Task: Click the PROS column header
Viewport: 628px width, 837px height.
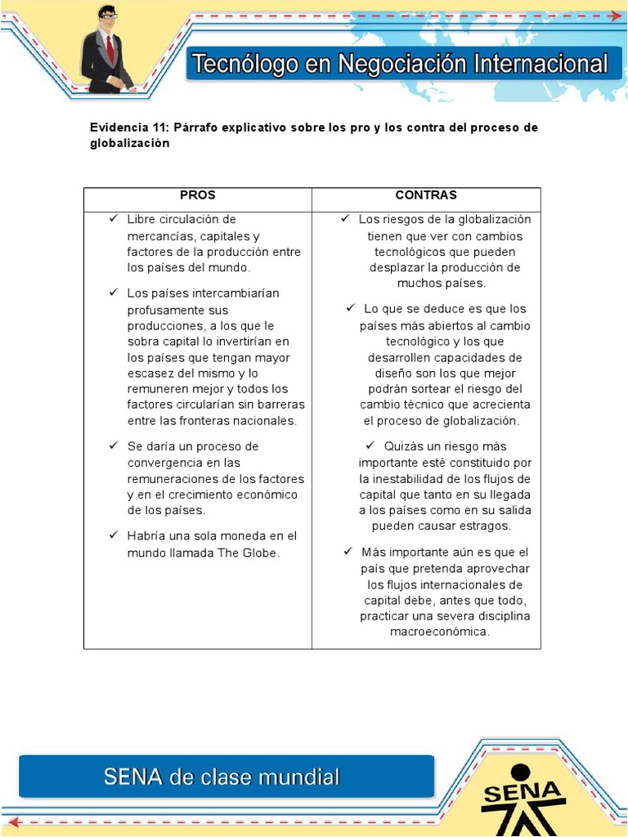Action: point(197,195)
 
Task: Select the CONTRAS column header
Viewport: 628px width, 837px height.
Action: point(426,195)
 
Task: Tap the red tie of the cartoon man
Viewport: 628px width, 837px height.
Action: point(110,49)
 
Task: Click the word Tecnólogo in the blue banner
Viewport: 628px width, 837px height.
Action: point(240,65)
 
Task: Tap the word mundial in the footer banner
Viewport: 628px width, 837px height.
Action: point(297,777)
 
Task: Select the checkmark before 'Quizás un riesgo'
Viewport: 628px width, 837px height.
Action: point(370,445)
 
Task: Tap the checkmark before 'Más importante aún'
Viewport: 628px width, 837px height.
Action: point(348,552)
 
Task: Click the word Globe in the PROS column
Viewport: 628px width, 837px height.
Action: point(261,553)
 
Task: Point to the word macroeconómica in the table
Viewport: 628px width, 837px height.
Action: point(440,632)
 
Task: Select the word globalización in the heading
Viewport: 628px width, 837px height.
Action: point(129,143)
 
